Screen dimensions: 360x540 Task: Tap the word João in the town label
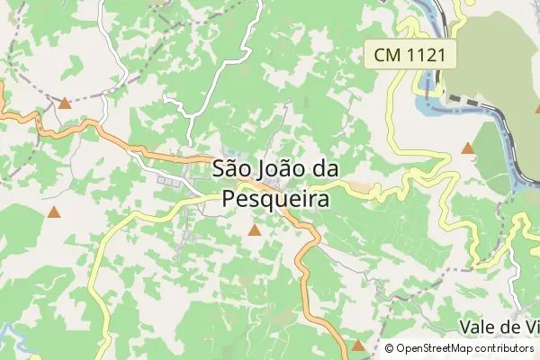pos(280,168)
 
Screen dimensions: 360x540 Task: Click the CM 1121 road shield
pos(410,55)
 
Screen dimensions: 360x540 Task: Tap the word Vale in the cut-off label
pos(478,326)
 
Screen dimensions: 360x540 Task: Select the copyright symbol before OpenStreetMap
pos(389,347)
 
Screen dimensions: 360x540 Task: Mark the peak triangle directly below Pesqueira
pos(255,231)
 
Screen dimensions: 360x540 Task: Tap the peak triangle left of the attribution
pos(358,345)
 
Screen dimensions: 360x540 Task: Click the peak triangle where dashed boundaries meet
pos(65,103)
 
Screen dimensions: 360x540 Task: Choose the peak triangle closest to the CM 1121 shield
pos(468,148)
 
